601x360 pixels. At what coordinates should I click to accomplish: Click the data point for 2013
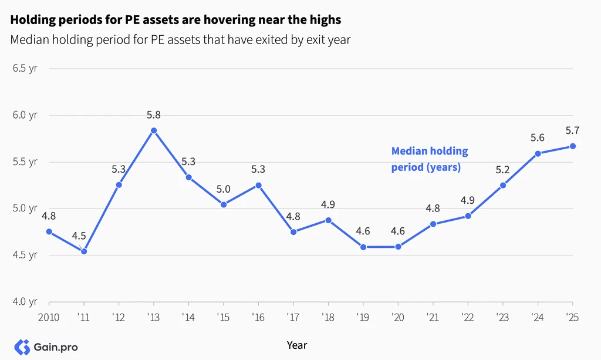point(154,131)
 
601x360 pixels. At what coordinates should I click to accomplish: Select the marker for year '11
point(84,251)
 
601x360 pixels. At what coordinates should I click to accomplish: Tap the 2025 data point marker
point(573,146)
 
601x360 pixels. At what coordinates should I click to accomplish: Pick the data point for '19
point(363,247)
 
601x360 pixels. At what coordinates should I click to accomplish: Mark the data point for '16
point(258,185)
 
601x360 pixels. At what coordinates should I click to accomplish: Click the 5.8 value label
point(153,115)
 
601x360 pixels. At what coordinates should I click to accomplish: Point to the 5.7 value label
point(572,131)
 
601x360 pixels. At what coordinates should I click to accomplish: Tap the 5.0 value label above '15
point(223,189)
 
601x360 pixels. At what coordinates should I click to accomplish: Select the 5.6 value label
point(538,137)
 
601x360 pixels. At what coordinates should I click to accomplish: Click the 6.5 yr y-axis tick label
point(25,68)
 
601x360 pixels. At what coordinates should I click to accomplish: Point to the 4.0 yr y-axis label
point(25,301)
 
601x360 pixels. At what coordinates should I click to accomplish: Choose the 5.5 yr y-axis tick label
point(25,162)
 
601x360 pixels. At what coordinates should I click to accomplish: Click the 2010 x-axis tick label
point(49,318)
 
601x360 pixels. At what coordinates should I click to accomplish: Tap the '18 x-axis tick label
point(328,318)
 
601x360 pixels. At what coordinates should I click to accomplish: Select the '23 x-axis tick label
point(502,318)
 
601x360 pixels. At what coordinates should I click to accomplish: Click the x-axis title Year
point(297,345)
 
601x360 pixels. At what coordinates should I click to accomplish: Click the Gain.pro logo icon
point(22,347)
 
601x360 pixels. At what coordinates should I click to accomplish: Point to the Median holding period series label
point(430,159)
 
